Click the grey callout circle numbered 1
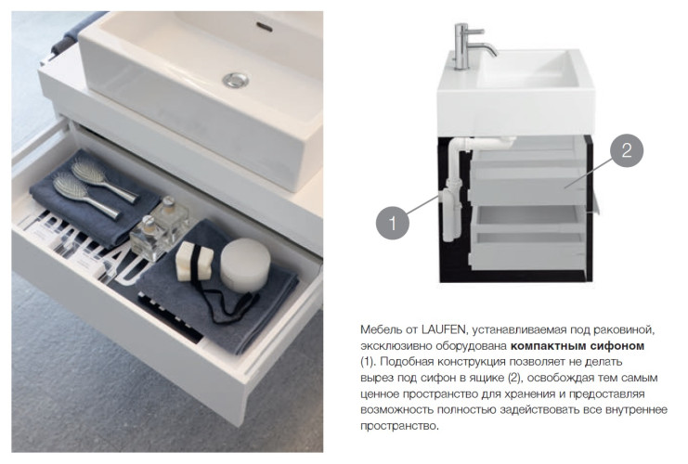click(x=392, y=223)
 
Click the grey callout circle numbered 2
click(x=627, y=150)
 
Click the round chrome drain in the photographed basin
click(x=236, y=80)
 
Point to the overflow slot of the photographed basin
click(x=265, y=27)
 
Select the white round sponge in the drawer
click(x=245, y=264)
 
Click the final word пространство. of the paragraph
click(x=399, y=426)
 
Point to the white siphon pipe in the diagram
click(x=454, y=188)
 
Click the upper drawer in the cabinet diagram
click(x=526, y=176)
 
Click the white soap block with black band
click(x=194, y=261)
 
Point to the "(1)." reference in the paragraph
click(x=369, y=362)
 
